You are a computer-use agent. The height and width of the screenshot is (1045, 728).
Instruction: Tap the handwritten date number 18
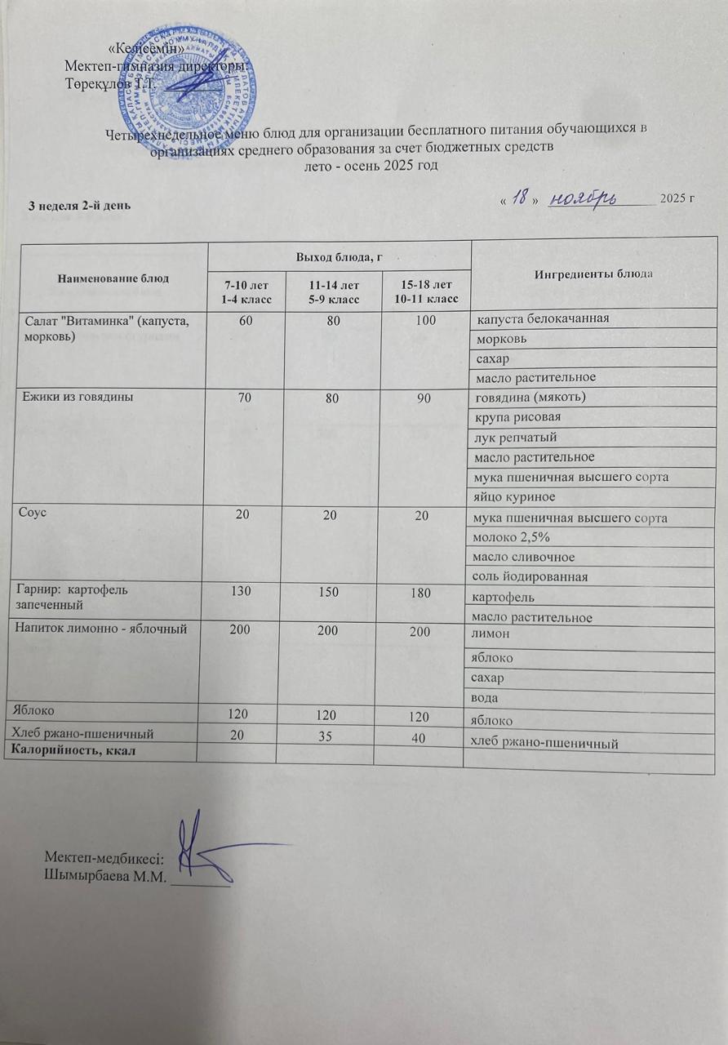tap(517, 199)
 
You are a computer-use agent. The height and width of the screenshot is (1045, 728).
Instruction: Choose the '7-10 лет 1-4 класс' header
tap(242, 292)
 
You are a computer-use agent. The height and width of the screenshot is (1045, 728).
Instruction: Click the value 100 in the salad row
tap(422, 319)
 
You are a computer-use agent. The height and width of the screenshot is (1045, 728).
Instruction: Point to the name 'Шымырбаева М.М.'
tap(104, 878)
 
